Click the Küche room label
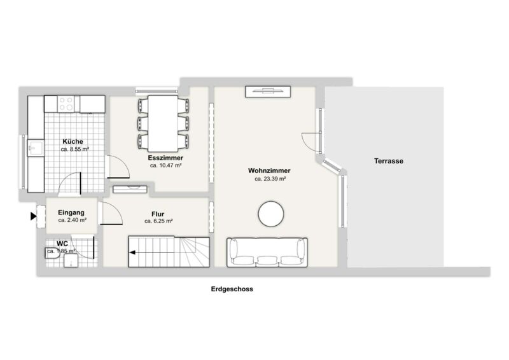(73, 142)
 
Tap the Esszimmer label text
(165, 158)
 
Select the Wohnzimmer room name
(269, 170)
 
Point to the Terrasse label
(389, 161)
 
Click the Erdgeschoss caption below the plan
(232, 289)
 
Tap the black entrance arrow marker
(34, 216)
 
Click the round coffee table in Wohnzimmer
(271, 214)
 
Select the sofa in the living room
(267, 253)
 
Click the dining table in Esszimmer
(163, 123)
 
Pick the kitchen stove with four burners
(66, 104)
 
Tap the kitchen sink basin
(35, 148)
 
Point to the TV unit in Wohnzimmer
(268, 91)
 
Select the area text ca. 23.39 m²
(270, 179)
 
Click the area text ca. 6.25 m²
(158, 221)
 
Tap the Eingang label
(71, 212)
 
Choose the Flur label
(158, 214)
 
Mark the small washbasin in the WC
(71, 261)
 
